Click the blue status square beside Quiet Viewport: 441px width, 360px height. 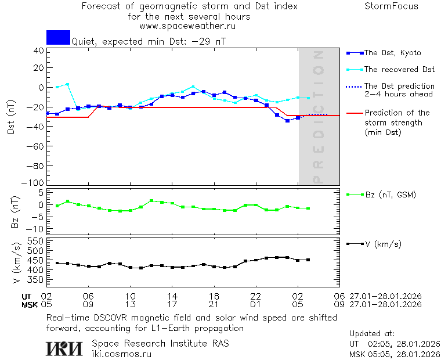click(x=58, y=38)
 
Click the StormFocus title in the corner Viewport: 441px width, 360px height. click(x=391, y=7)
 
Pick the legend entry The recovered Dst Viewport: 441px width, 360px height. click(x=399, y=70)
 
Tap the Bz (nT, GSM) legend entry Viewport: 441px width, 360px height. click(x=390, y=195)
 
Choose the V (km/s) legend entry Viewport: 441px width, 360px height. click(x=382, y=244)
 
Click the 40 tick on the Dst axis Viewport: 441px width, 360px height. click(x=39, y=51)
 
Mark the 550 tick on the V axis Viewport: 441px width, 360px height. click(x=36, y=241)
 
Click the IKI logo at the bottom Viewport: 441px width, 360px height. click(x=65, y=348)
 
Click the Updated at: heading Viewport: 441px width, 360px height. click(x=372, y=334)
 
